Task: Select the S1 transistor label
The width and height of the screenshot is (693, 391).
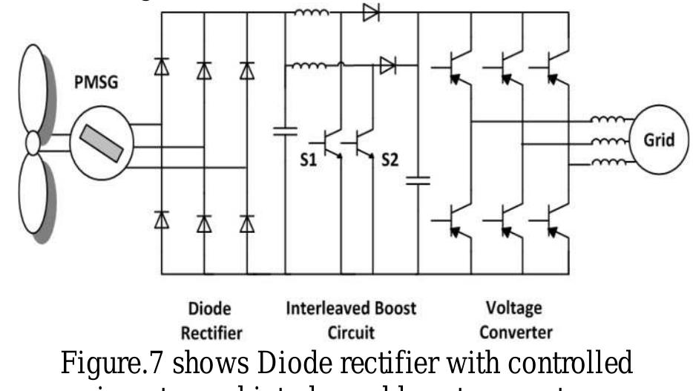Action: pos(308,160)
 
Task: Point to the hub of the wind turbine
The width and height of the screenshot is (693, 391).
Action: pos(31,141)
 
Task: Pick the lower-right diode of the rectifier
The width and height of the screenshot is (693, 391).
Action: pos(246,220)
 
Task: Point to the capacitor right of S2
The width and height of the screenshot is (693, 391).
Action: pos(420,180)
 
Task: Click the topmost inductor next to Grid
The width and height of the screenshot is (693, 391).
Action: pos(605,119)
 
